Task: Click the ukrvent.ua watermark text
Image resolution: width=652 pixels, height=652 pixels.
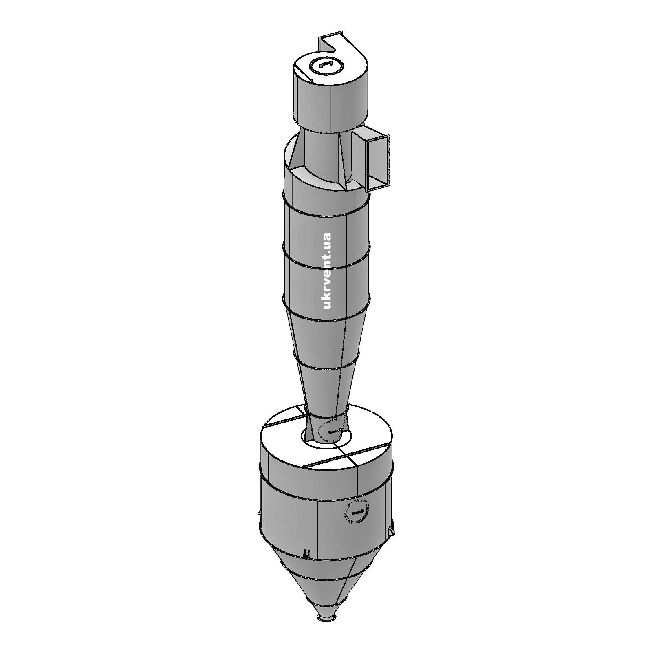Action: point(326,271)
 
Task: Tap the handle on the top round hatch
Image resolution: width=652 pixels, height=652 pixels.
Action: point(327,65)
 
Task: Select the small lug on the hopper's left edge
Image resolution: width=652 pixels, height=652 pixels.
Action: point(260,513)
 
